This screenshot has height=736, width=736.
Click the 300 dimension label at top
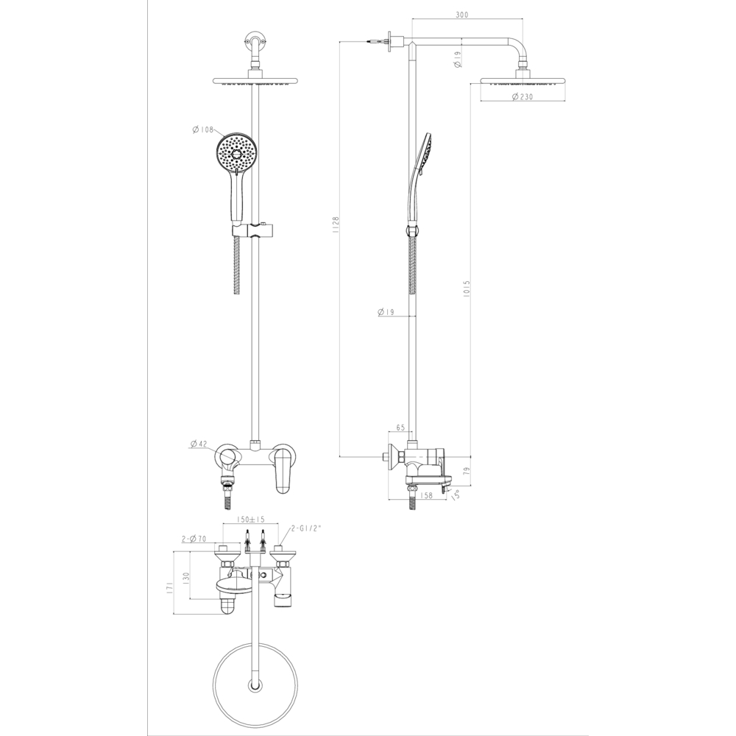[x=462, y=15]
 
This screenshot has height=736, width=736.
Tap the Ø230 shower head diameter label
[x=523, y=97]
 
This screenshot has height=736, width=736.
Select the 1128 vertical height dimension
[x=335, y=225]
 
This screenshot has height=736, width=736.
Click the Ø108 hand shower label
[x=203, y=130]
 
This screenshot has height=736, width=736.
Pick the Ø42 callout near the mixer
[x=199, y=444]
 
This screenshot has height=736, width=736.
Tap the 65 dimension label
[x=400, y=427]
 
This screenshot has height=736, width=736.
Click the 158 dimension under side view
[x=426, y=495]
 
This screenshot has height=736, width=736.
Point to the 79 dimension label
[x=466, y=471]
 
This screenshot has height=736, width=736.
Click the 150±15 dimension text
[x=251, y=519]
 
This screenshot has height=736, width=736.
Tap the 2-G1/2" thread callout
[x=305, y=528]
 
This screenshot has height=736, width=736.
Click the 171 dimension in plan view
[x=170, y=587]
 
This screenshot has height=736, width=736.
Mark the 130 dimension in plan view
[x=186, y=576]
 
